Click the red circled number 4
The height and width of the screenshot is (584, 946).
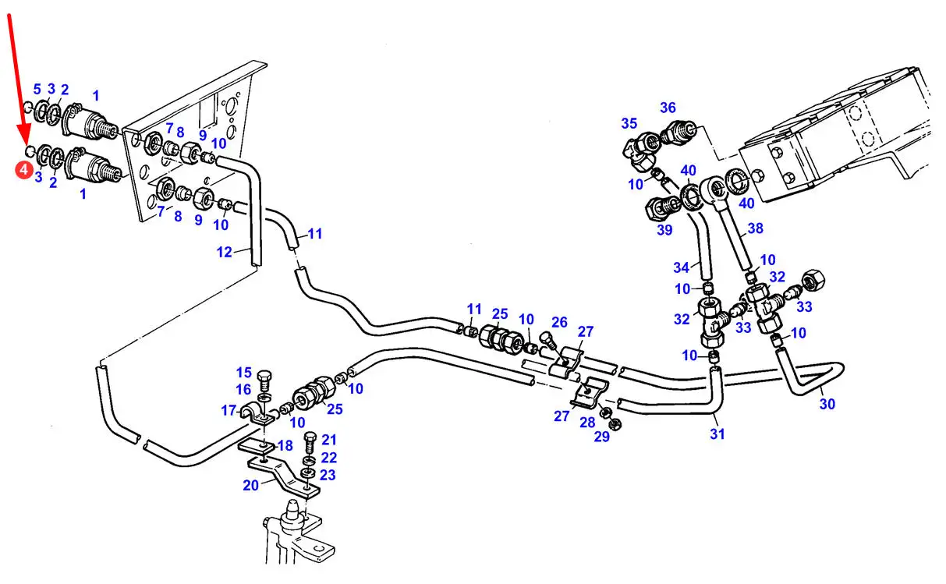coord(24,169)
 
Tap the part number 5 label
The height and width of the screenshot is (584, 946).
coord(37,89)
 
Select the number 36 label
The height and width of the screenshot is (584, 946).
coord(668,108)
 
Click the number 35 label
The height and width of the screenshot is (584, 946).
coord(629,123)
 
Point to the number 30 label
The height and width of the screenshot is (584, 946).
coord(827,404)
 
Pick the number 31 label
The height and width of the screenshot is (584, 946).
coord(717,434)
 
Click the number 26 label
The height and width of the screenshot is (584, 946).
coord(559,321)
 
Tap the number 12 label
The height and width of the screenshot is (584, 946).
coord(224,251)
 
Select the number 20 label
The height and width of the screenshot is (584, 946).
coord(250,484)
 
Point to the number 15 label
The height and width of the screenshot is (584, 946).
coord(244,373)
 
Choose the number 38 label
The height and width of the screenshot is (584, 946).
coord(755,229)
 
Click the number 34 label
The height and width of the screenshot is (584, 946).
coord(682,267)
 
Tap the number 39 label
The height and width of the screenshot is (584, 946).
coord(664,230)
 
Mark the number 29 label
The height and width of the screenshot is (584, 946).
coord(601,437)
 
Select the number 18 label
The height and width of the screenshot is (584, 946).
coord(285,445)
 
